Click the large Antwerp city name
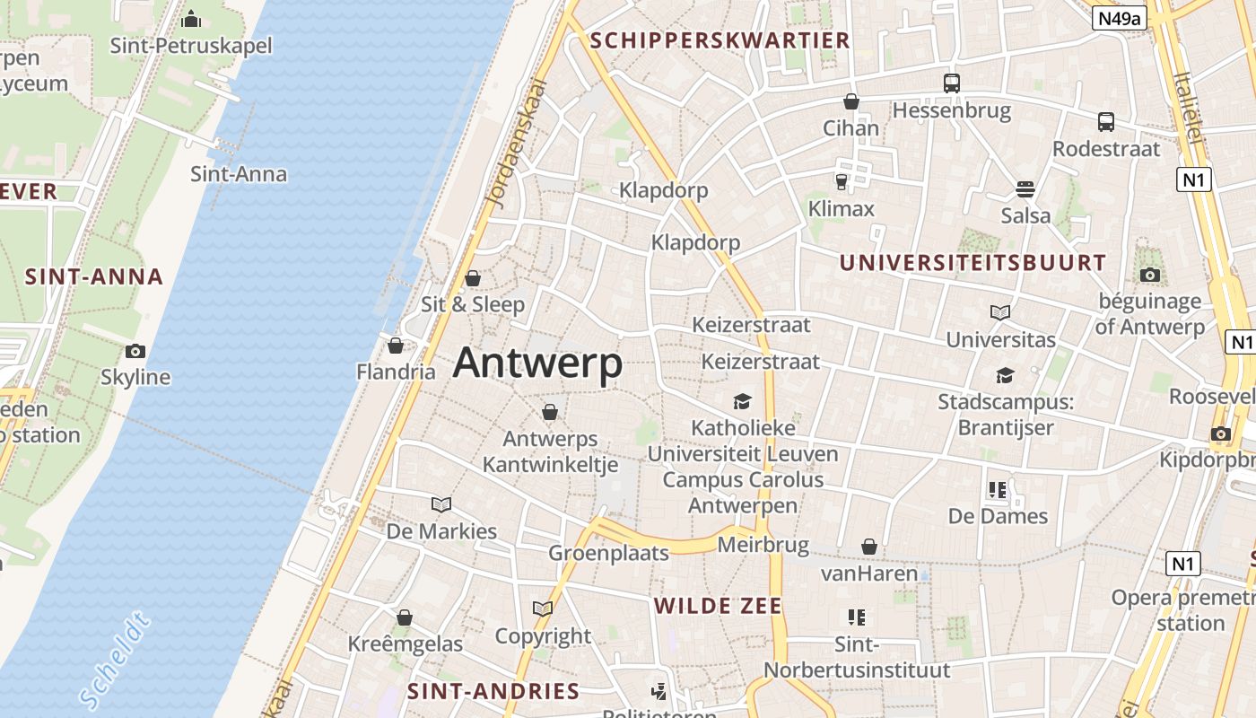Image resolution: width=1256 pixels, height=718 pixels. pos(537,363)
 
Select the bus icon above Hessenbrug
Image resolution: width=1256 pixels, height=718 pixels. pos(952,83)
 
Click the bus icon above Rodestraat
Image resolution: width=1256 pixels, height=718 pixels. pos(1106,122)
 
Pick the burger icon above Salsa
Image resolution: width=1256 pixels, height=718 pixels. pos(1025,189)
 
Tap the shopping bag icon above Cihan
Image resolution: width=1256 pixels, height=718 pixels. pos(851,101)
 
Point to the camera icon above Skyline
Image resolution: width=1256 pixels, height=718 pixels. pos(135,351)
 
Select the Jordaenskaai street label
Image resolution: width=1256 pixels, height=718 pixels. pos(515,144)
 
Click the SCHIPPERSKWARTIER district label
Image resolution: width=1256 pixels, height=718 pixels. pos(720,40)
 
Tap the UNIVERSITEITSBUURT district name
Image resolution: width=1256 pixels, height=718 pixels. pos(973,263)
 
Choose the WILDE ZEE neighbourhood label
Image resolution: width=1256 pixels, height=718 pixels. pos(718,606)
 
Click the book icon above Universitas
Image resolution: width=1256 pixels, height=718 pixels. pos(1000,312)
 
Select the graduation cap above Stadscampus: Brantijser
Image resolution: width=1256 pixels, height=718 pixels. pos(1005,375)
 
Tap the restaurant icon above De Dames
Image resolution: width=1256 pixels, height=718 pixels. pos(997,489)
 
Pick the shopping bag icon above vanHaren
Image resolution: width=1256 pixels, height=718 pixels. pos(868,547)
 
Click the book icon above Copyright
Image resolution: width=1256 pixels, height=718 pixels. pos(542,609)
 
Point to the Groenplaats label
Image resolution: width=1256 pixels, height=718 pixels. pos(609,553)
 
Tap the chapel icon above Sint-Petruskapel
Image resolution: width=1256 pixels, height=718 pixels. pos(191,19)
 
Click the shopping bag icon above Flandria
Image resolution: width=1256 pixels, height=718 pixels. pos(396,346)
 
